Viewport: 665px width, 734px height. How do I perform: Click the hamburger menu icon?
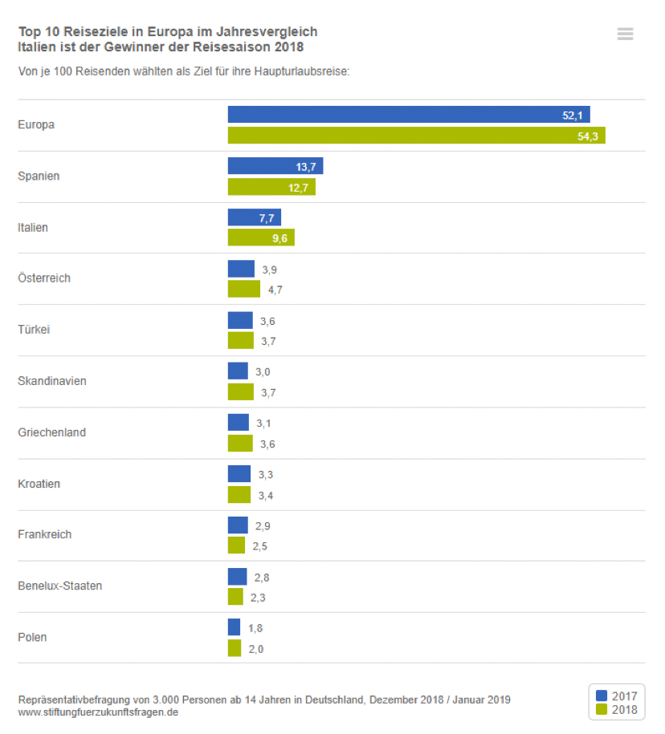(625, 34)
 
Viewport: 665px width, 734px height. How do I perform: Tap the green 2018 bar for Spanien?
(271, 187)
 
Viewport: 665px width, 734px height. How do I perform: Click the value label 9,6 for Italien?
(279, 238)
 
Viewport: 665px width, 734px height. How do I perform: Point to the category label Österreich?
(44, 278)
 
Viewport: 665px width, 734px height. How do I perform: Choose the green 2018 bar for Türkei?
(240, 341)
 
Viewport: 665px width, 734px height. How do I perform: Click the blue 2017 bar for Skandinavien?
(238, 371)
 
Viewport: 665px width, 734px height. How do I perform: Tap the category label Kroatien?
(39, 484)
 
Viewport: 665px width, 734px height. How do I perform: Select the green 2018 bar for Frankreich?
(236, 545)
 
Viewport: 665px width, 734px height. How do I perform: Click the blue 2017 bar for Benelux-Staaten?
(237, 577)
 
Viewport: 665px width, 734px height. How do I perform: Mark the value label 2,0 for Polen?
(255, 649)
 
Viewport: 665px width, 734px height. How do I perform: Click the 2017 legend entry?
(616, 695)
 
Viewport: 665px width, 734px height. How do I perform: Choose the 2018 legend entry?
(616, 709)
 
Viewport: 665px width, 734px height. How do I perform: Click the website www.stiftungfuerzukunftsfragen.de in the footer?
(98, 712)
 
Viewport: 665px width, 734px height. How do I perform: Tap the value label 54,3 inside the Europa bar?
(589, 136)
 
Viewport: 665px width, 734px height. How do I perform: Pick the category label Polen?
(32, 638)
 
